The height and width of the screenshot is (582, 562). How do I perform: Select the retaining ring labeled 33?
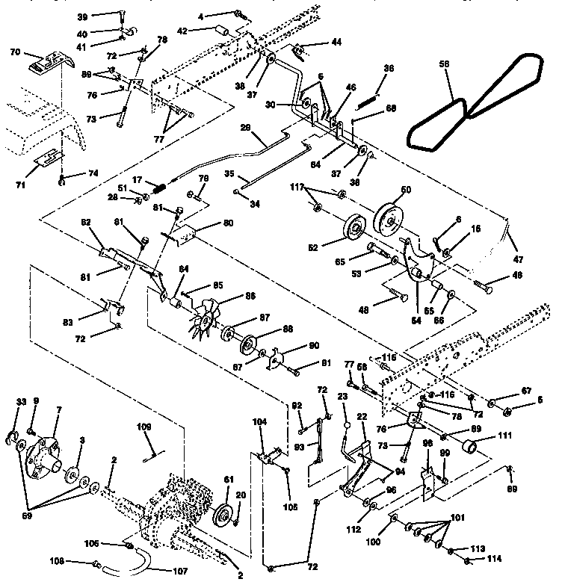pyautogui.click(x=20, y=436)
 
